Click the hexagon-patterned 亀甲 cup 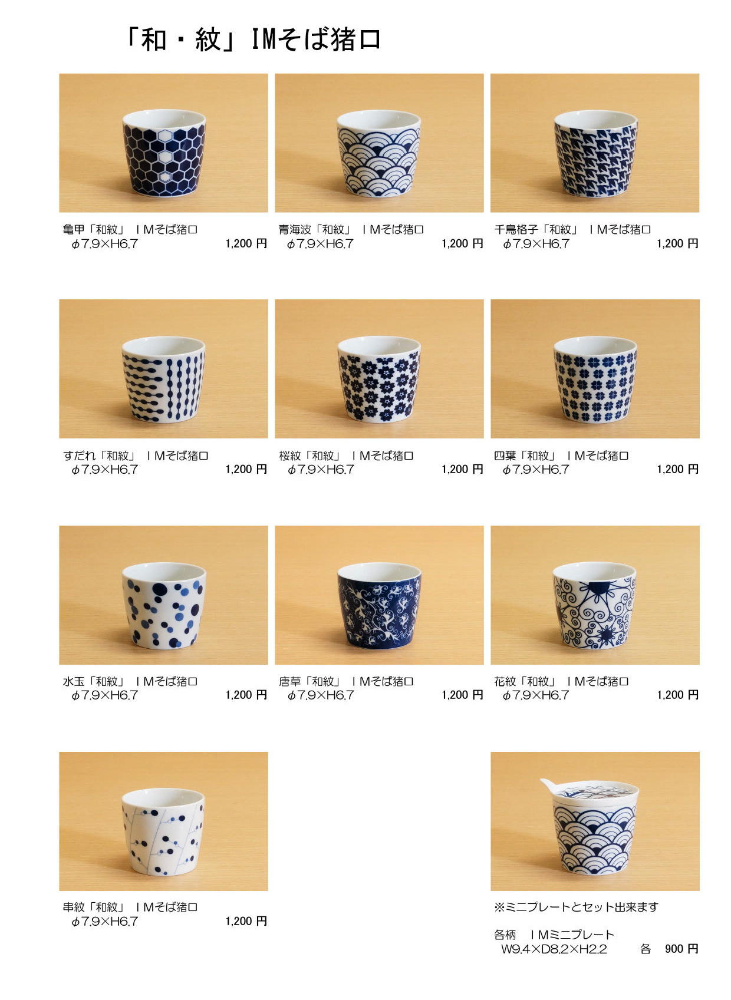click(x=163, y=153)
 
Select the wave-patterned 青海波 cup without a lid click(x=378, y=154)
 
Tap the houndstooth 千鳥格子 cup click(x=595, y=154)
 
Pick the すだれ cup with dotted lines click(x=163, y=379)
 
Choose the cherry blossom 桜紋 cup click(x=379, y=379)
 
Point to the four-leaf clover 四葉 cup click(x=595, y=379)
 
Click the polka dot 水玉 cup click(x=164, y=605)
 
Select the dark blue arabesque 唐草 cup click(x=379, y=605)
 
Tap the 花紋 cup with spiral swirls click(x=594, y=605)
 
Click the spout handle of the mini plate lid click(x=548, y=784)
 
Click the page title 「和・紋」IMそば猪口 click(x=253, y=39)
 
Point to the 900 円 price click(x=681, y=949)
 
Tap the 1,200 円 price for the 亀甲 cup click(x=246, y=243)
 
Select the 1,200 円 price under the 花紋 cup click(x=677, y=695)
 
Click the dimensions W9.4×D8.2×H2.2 click(x=554, y=949)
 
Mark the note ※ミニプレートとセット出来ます click(x=576, y=907)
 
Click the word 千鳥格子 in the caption click(x=516, y=229)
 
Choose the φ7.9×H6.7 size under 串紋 click(x=104, y=922)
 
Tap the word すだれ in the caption click(x=79, y=456)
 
